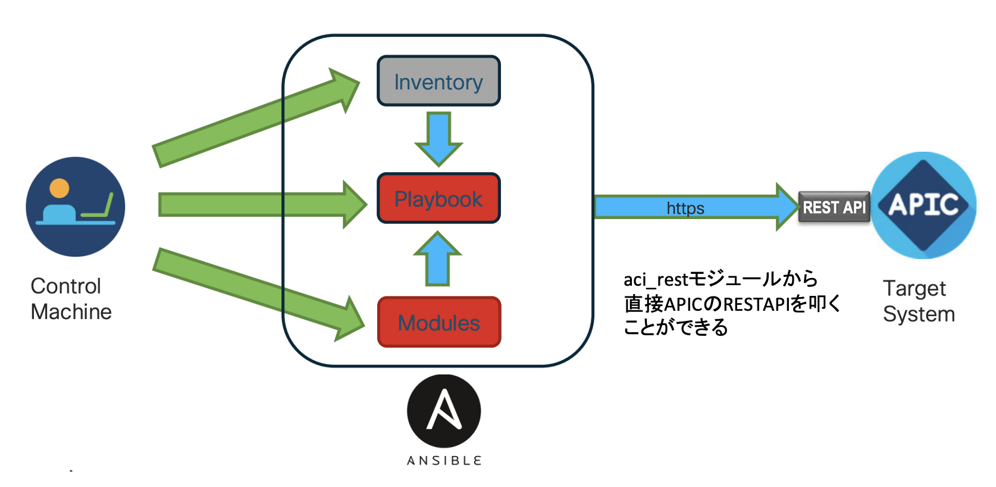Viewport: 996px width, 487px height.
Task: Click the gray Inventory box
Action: (439, 82)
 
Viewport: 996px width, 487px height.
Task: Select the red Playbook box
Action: (439, 199)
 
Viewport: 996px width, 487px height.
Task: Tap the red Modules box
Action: (439, 322)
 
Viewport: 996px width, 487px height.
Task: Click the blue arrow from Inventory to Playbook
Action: (439, 138)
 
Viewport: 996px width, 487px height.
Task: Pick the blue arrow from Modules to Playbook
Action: (438, 259)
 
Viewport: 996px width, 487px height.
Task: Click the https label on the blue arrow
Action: (685, 208)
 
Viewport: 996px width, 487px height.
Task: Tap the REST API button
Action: (834, 207)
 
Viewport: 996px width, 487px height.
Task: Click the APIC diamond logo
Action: (923, 205)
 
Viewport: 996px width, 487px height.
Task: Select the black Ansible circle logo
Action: (444, 411)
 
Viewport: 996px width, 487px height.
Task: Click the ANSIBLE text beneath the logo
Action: (444, 460)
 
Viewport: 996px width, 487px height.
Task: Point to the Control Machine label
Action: (71, 299)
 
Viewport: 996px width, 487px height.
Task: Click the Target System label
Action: (918, 301)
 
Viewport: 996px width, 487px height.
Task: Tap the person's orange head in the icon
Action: (59, 188)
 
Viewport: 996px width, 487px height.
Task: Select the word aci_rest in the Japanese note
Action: (655, 280)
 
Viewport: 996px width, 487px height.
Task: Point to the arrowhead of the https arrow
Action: (787, 207)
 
